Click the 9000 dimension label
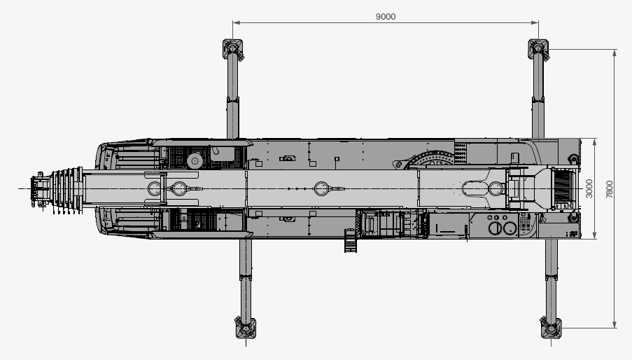[x=386, y=17]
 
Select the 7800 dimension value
[x=610, y=189]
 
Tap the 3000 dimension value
[x=589, y=188]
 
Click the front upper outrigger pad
[x=233, y=49]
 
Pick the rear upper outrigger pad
[x=538, y=49]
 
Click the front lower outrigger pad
[x=246, y=328]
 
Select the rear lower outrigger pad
[x=551, y=328]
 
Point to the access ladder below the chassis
[x=351, y=240]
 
